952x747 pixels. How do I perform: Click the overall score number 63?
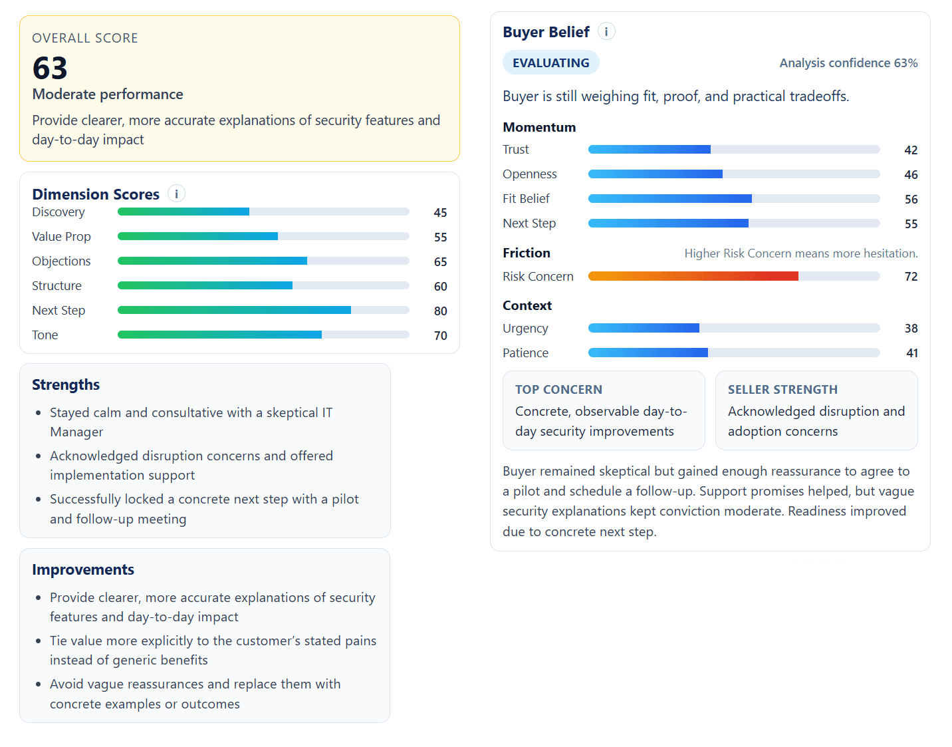[x=50, y=69]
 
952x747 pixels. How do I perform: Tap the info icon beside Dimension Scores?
[x=176, y=194]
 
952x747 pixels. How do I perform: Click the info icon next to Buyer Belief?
[x=606, y=31]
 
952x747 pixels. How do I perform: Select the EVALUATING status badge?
[x=550, y=63]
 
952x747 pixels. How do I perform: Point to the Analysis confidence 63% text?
[x=848, y=63]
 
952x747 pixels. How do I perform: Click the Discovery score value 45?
[x=440, y=213]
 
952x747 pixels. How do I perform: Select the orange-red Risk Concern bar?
[x=693, y=276]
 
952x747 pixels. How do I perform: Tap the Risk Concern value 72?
[x=911, y=277]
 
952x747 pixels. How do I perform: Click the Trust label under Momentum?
[x=516, y=150]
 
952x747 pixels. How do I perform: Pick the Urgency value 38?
[x=911, y=329]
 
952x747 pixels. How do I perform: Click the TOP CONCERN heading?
[x=558, y=390]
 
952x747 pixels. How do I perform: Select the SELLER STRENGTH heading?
[x=782, y=390]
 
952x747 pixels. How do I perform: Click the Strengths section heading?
[x=66, y=384]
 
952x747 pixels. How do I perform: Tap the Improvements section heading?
[x=83, y=569]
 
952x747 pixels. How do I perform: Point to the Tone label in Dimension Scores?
[x=45, y=335]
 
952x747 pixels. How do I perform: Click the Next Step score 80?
[x=440, y=311]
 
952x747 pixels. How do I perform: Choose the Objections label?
[x=61, y=261]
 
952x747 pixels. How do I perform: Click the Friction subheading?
[x=527, y=253]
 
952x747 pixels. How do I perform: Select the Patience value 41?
[x=912, y=353]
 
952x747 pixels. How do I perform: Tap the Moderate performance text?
[x=108, y=94]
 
